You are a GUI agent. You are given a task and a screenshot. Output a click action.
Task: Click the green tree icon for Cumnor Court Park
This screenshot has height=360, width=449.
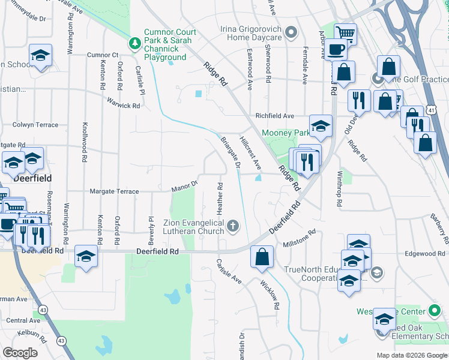pos(135,43)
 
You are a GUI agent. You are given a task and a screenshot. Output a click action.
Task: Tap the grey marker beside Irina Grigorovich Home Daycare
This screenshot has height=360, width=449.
pos(292,32)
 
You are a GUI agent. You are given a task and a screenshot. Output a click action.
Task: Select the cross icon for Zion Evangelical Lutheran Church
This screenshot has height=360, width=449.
pos(233,226)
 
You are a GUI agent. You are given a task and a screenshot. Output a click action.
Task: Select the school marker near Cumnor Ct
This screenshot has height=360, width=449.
pos(40,57)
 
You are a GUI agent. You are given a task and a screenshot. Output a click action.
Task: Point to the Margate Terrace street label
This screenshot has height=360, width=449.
pos(114,191)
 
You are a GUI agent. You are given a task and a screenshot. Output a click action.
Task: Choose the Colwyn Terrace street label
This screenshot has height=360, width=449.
pos(35,125)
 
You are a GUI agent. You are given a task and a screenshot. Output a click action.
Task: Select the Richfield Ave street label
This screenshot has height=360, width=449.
pos(274,116)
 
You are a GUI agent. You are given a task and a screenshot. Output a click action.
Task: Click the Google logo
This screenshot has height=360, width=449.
pos(20,353)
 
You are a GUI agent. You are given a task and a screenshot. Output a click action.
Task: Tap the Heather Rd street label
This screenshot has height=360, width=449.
pos(220,199)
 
